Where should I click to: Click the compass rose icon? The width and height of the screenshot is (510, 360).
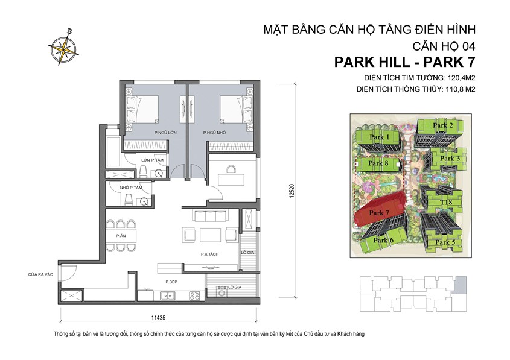(63, 48)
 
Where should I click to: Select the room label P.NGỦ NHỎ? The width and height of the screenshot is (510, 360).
(214, 133)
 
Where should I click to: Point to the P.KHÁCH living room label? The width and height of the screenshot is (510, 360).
(209, 255)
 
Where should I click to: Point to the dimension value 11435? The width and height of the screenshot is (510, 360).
(160, 316)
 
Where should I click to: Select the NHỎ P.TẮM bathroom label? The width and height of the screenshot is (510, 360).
(131, 188)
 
